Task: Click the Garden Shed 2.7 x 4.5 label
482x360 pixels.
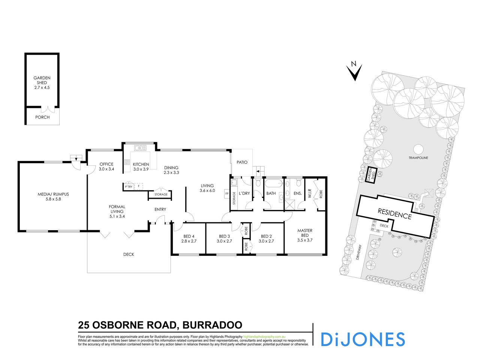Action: click(42, 83)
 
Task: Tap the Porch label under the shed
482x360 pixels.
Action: click(42, 117)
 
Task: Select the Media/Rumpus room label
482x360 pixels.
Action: click(54, 197)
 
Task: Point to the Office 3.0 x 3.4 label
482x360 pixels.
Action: click(106, 166)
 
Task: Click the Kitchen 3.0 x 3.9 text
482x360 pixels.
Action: click(141, 167)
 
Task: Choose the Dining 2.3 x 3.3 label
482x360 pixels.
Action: click(171, 170)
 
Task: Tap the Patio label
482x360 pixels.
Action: click(242, 163)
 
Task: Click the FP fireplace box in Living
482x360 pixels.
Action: click(226, 194)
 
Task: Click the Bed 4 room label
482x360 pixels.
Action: click(189, 238)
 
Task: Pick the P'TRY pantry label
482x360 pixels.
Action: click(129, 186)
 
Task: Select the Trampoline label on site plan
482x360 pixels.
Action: click(418, 158)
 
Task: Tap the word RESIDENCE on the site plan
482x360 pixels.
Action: click(394, 213)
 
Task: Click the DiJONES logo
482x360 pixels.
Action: click(363, 339)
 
